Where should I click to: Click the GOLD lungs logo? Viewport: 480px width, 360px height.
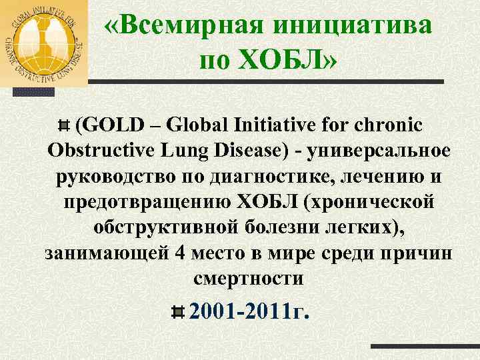[x=44, y=42]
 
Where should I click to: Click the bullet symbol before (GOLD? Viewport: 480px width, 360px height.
[x=64, y=125]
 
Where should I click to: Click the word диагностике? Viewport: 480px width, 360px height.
[x=261, y=177]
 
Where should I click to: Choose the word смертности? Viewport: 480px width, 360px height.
[x=248, y=279]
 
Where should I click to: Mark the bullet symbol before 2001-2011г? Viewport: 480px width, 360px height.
[x=178, y=312]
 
